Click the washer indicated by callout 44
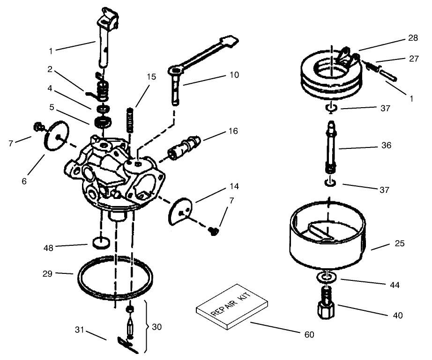pos(327,277)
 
